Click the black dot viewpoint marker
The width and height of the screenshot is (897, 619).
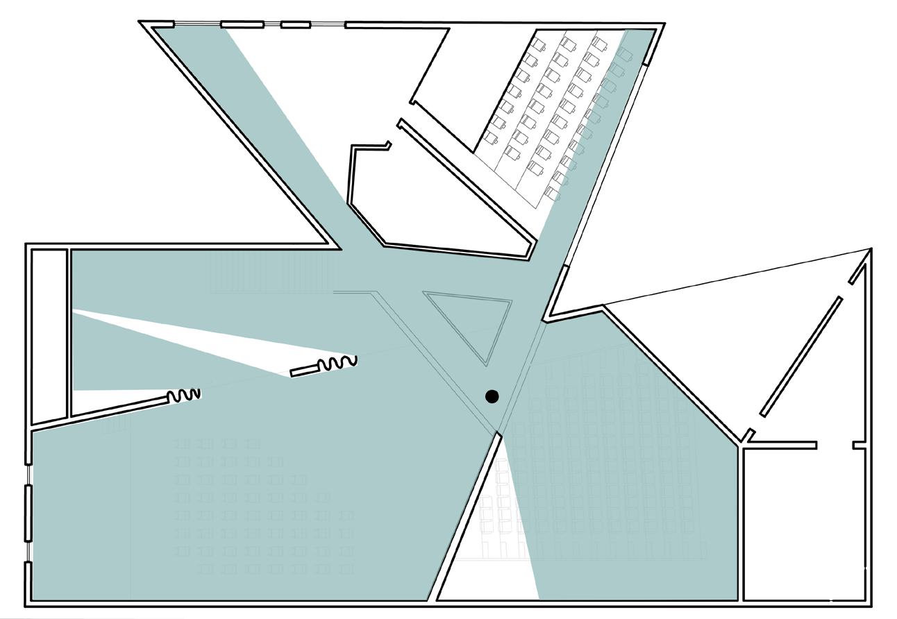[492, 396]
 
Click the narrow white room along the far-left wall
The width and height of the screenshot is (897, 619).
[49, 333]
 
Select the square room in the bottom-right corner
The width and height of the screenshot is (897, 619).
[805, 524]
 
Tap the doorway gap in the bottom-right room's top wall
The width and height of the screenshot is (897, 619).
[835, 445]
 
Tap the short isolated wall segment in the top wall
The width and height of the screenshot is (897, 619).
[295, 25]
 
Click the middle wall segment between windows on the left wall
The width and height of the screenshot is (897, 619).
[28, 513]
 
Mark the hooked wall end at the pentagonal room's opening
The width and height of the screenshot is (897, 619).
[386, 145]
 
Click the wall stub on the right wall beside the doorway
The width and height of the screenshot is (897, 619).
[860, 445]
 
